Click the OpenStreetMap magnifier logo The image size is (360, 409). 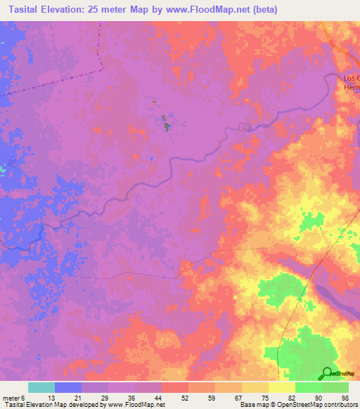[x=328, y=374]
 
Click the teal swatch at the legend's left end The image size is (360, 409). [x=41, y=387]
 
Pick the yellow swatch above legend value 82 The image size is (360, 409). [x=282, y=387]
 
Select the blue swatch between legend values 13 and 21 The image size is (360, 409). [x=68, y=387]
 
